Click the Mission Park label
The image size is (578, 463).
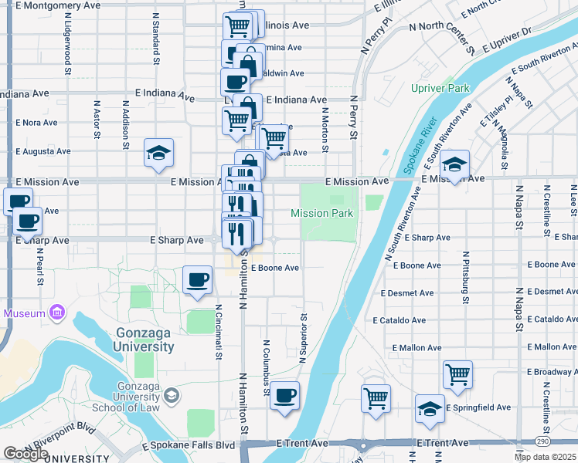click(x=321, y=213)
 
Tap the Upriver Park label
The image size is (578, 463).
click(x=440, y=88)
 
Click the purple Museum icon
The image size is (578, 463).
click(x=56, y=313)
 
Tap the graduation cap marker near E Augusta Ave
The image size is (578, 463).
click(x=158, y=153)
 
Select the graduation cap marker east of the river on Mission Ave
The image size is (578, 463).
click(x=455, y=164)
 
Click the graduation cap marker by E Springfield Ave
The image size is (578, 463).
click(x=430, y=410)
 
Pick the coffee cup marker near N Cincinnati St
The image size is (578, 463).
click(x=198, y=279)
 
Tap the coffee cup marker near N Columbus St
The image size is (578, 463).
click(x=284, y=395)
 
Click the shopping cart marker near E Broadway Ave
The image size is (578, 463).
click(x=457, y=375)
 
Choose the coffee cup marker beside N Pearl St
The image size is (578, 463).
click(x=28, y=221)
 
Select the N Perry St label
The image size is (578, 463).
click(x=354, y=118)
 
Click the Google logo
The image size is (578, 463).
click(x=25, y=454)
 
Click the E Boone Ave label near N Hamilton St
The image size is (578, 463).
click(x=275, y=268)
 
